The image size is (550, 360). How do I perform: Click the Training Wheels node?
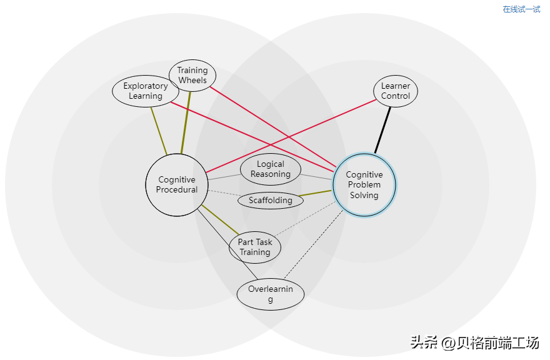tap(192, 76)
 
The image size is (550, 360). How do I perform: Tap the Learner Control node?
tap(396, 91)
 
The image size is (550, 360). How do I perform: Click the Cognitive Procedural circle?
tap(177, 185)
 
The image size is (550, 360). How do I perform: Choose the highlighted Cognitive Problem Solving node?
tap(364, 185)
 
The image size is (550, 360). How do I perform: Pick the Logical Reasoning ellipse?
tap(271, 169)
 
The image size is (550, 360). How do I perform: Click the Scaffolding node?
tap(271, 201)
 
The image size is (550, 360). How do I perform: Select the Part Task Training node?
tap(255, 247)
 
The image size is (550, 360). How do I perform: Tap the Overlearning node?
tap(271, 294)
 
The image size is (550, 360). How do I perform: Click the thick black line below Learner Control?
tap(383, 129)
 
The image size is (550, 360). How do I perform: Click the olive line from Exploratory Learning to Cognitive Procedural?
tap(159, 131)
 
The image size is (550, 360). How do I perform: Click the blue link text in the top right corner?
tap(521, 9)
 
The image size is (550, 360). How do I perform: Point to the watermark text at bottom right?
tap(474, 342)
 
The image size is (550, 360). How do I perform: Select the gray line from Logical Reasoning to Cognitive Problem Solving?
tap(316, 177)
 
